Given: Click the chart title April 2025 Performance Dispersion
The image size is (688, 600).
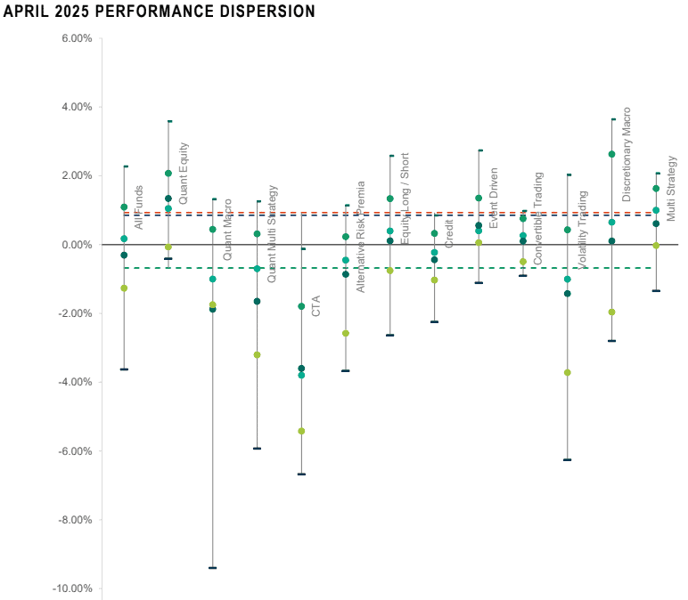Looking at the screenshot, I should point(160,12).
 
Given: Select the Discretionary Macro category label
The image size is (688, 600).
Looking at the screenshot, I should point(627,155).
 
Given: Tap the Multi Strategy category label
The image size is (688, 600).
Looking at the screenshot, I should point(671,189).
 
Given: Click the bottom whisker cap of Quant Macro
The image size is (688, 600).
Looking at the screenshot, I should point(212,567).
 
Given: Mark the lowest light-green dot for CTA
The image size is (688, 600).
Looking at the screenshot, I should point(301,431).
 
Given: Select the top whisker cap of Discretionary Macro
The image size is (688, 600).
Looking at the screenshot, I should point(612,119).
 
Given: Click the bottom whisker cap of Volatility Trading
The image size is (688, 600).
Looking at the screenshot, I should point(567,459).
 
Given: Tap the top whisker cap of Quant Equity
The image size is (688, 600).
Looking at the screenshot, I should point(168,121).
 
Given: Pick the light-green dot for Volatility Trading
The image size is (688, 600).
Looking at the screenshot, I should point(567,372).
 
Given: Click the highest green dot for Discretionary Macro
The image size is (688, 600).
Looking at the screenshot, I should point(611,154).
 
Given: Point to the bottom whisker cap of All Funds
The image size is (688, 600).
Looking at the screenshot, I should point(124,369).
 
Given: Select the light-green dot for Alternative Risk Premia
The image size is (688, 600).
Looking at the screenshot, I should point(346,333).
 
